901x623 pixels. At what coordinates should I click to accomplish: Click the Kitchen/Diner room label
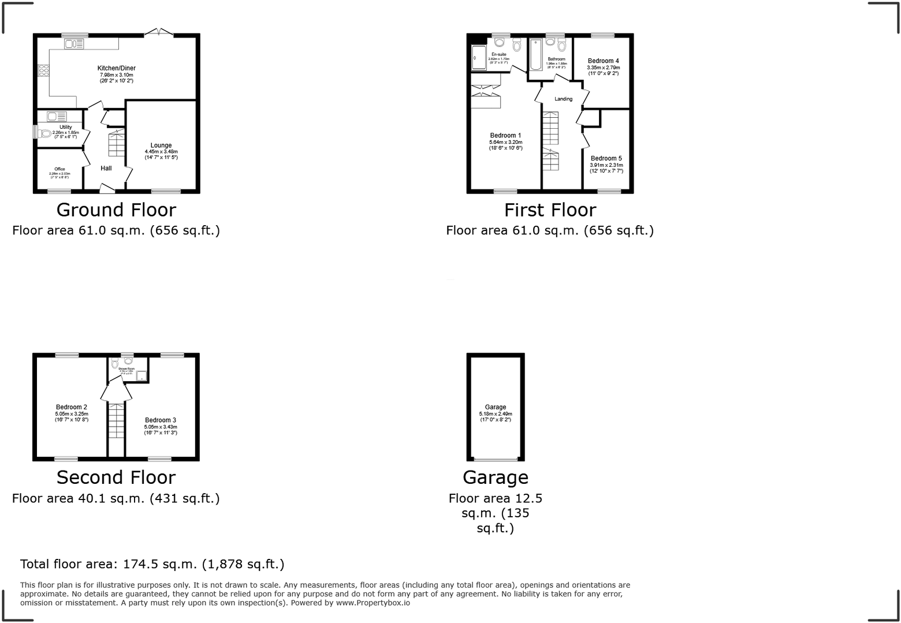[x=116, y=68]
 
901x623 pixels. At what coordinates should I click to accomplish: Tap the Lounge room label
[x=161, y=146]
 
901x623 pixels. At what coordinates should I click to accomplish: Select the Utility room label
[x=65, y=127]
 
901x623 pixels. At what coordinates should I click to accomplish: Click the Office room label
[x=59, y=169]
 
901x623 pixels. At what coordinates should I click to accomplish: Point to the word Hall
[x=106, y=168]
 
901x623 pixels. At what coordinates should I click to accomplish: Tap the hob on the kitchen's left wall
[x=43, y=70]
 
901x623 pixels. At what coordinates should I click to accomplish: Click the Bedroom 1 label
[x=505, y=136]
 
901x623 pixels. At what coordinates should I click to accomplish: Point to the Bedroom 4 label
[x=603, y=61]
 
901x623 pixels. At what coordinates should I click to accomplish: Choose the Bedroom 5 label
[x=606, y=158]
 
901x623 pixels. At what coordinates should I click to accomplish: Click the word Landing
[x=563, y=99]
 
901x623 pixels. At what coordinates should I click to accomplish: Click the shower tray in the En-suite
[x=478, y=57]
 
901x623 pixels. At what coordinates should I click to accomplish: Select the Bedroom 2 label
[x=72, y=407]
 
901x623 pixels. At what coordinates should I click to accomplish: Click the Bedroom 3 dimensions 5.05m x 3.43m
[x=161, y=427]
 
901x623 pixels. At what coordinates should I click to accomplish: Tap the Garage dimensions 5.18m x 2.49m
[x=495, y=413]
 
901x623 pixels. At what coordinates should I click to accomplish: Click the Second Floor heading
[x=116, y=477]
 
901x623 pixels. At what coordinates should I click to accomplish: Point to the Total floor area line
[x=152, y=564]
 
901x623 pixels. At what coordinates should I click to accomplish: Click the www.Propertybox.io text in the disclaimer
[x=373, y=602]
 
